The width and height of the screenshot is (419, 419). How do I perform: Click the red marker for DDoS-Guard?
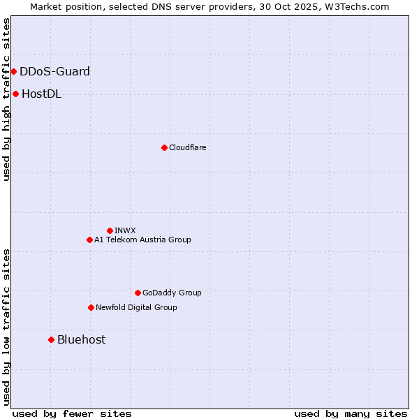[x=13, y=71]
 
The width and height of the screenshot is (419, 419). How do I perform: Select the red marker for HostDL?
[x=15, y=94]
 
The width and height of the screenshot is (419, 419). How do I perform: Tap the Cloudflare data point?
[x=164, y=147]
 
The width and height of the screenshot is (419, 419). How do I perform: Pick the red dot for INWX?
[x=110, y=230]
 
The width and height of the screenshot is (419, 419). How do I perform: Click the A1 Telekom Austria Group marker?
[x=89, y=240]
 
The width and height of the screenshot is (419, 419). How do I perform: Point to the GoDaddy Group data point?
[x=138, y=293]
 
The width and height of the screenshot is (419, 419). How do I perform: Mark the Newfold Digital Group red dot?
[x=91, y=307]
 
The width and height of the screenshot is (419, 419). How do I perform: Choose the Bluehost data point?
[x=51, y=339]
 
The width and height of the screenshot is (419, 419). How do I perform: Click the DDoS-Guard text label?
[x=54, y=71]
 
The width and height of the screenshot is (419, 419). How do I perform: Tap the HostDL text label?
[x=41, y=94]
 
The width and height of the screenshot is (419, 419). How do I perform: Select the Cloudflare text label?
[x=187, y=147]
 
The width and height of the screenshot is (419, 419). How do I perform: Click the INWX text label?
[x=125, y=230]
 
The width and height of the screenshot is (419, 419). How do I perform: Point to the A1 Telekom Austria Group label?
[x=142, y=240]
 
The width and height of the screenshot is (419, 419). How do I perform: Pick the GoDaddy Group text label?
[x=172, y=293]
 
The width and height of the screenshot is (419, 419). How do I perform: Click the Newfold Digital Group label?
[x=136, y=307]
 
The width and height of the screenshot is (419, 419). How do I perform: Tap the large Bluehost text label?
[x=81, y=339]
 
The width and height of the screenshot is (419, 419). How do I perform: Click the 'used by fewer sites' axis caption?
[x=72, y=413]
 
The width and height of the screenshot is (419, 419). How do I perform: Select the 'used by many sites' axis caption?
[x=351, y=413]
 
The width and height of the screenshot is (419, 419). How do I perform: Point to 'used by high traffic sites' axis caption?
[x=6, y=100]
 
